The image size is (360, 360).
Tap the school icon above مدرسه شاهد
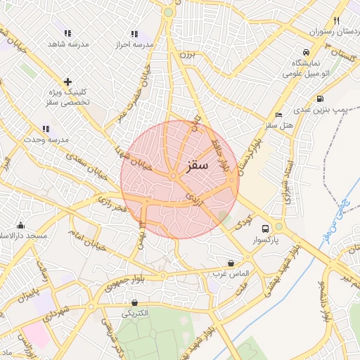pyautogui.click(x=67, y=33)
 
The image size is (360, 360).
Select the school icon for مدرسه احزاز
pyautogui.click(x=134, y=33)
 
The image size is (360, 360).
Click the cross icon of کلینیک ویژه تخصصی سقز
pyautogui.click(x=67, y=82)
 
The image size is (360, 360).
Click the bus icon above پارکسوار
pyautogui.click(x=265, y=229)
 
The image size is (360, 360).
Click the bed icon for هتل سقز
pyautogui.click(x=279, y=114)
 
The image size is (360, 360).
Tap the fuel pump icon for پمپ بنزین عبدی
pyautogui.click(x=320, y=99)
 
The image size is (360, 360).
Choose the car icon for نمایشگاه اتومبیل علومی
pyautogui.click(x=305, y=53)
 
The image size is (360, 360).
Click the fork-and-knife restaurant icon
pyautogui.click(x=336, y=20)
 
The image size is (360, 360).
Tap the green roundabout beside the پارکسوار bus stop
pyautogui.click(x=279, y=226)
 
